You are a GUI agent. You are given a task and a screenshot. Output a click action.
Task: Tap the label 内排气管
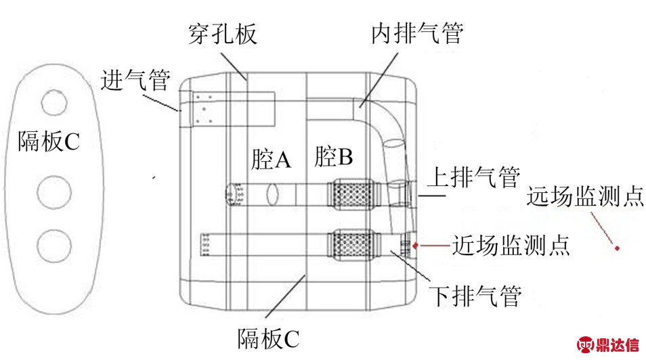tap(418, 31)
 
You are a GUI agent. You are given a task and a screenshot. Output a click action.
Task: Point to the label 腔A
tap(270, 160)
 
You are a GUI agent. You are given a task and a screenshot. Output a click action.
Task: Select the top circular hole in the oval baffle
tap(53, 103)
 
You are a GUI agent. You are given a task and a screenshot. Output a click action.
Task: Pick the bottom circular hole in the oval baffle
tap(53, 246)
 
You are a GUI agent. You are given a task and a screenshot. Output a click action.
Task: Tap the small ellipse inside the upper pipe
tap(274, 194)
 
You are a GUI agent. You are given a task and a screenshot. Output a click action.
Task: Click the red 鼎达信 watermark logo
tap(607, 344)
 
